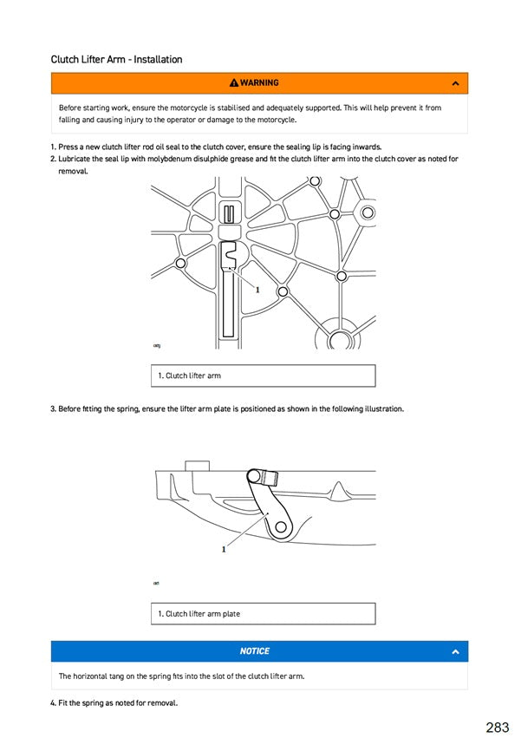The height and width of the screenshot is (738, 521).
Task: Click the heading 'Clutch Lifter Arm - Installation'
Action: [116, 60]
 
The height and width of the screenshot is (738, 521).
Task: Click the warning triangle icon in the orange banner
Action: [234, 83]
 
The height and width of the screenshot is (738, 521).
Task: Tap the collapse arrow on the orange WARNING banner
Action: [456, 83]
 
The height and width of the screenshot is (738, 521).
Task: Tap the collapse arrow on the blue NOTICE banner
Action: [456, 651]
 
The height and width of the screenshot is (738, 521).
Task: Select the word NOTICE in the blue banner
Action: [255, 651]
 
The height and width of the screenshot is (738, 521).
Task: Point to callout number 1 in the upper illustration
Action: [257, 291]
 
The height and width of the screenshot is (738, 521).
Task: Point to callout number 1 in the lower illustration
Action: [224, 549]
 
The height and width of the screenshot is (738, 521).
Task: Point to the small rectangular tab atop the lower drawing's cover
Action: [198, 466]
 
